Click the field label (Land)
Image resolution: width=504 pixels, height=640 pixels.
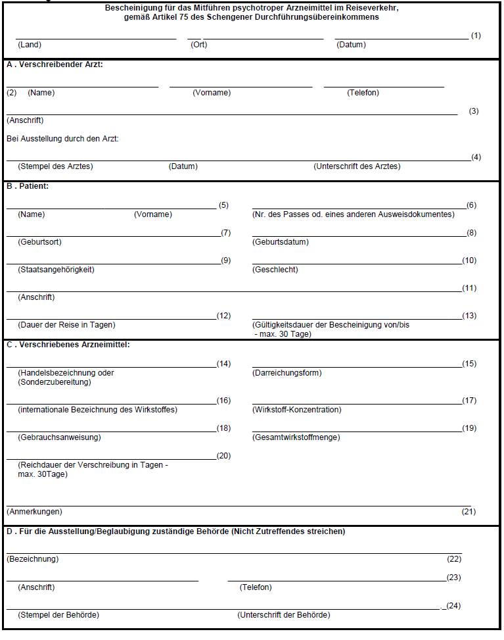pyautogui.click(x=30, y=45)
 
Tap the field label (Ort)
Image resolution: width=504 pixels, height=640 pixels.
pyautogui.click(x=198, y=45)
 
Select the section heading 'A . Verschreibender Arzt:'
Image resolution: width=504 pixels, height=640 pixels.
pyautogui.click(x=55, y=64)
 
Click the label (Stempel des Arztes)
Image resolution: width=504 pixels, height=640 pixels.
pyautogui.click(x=55, y=166)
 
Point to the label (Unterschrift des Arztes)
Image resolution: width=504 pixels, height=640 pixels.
pyautogui.click(x=357, y=166)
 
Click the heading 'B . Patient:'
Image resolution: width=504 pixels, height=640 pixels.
pyautogui.click(x=28, y=186)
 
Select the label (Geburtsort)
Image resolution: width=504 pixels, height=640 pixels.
pyautogui.click(x=40, y=242)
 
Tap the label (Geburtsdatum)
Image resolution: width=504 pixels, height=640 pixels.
pyautogui.click(x=281, y=242)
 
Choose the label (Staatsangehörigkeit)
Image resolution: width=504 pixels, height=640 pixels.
pyautogui.click(x=57, y=270)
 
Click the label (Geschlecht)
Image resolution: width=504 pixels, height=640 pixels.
pyautogui.click(x=275, y=270)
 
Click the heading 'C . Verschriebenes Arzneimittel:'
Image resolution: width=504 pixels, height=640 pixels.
pyautogui.click(x=68, y=344)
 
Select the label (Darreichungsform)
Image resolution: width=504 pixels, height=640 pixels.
pyautogui.click(x=287, y=373)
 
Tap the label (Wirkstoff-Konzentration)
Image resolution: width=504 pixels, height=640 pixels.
pyautogui.click(x=297, y=410)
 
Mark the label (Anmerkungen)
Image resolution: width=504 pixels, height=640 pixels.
pyautogui.click(x=34, y=512)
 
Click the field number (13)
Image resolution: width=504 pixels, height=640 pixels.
pyautogui.click(x=469, y=316)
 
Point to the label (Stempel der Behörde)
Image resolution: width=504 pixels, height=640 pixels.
pyautogui.click(x=58, y=615)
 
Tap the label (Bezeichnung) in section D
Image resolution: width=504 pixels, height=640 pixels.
pyautogui.click(x=33, y=559)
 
